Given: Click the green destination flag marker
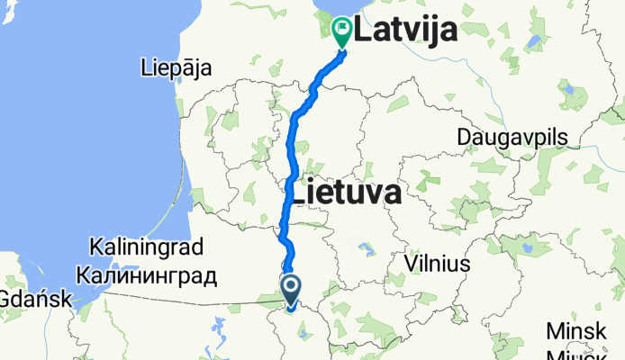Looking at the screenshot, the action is point(343,31).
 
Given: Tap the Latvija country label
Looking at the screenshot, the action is point(405,31).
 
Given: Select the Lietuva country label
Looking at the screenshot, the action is point(343,192).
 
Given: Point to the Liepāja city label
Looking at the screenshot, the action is point(176,67).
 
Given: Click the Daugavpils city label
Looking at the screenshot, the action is point(513,137).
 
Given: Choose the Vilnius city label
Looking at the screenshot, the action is point(438,264).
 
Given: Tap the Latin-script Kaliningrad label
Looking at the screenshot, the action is point(147,246).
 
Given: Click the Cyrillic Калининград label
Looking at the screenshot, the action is point(147,275).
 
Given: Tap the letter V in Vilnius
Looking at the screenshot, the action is point(412,264).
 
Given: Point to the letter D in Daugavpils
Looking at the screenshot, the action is point(464,137).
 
